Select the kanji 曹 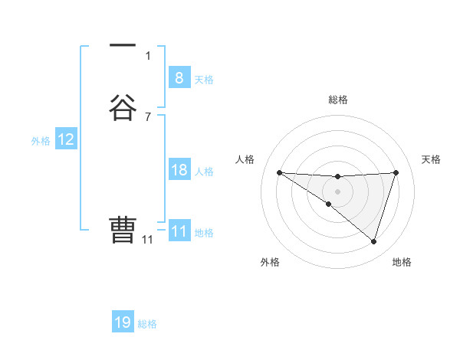pyautogui.click(x=123, y=229)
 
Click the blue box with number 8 pyautogui.click(x=179, y=77)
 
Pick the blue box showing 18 pyautogui.click(x=179, y=170)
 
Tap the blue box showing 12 pyautogui.click(x=66, y=139)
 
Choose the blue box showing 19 pyautogui.click(x=123, y=322)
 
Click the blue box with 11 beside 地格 pyautogui.click(x=179, y=231)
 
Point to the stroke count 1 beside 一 pyautogui.click(x=148, y=55)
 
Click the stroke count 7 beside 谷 pyautogui.click(x=148, y=116)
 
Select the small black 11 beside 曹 pyautogui.click(x=147, y=240)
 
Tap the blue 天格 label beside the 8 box pyautogui.click(x=204, y=80)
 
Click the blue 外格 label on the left pyautogui.click(x=41, y=141)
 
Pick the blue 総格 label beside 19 pyautogui.click(x=147, y=324)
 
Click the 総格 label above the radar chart pyautogui.click(x=337, y=100)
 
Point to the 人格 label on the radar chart pyautogui.click(x=245, y=159)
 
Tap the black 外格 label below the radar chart pyautogui.click(x=270, y=262)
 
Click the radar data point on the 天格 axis pyautogui.click(x=396, y=172)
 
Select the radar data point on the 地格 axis pyautogui.click(x=374, y=242)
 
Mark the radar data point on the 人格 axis pyautogui.click(x=279, y=172)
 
